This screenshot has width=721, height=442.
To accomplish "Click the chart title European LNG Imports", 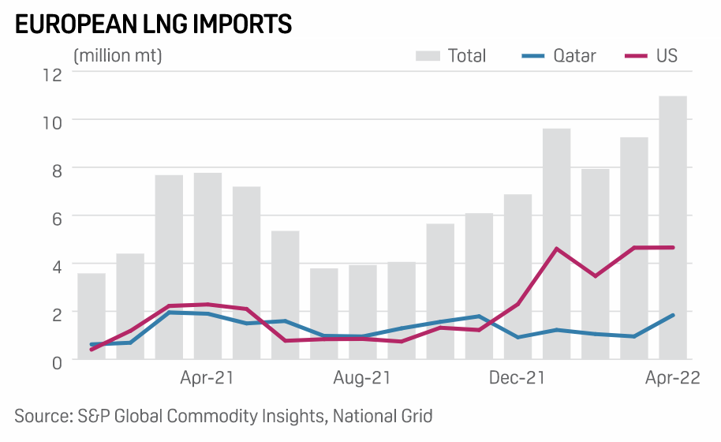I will (154, 24).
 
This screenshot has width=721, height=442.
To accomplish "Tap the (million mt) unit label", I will (118, 55).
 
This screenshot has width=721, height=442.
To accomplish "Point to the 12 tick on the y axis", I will (52, 74).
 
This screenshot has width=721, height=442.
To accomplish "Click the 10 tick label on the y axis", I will (52, 122).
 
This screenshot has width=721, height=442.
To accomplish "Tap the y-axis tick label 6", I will (56, 218).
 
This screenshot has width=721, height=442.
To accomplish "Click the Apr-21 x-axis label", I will (207, 379).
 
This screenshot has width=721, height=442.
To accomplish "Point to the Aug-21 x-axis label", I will (362, 379).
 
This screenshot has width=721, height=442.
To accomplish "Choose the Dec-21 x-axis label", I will (517, 379).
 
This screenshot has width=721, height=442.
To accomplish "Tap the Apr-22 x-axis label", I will (673, 379).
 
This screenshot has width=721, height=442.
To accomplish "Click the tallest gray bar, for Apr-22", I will (673, 229).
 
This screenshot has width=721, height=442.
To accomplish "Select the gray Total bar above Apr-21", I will (207, 268).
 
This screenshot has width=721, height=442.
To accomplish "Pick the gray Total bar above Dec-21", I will (517, 276).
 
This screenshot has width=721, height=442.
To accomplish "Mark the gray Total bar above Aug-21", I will (362, 312).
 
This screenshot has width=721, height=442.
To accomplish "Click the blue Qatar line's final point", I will (673, 315).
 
